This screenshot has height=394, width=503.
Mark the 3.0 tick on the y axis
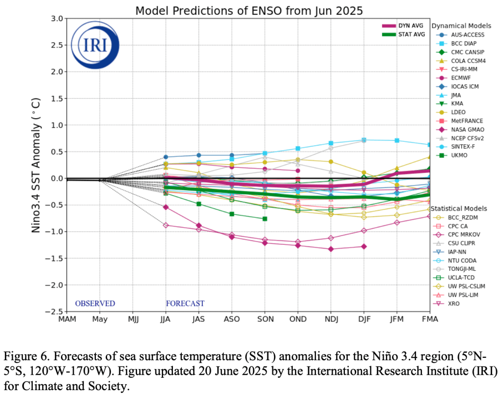56,19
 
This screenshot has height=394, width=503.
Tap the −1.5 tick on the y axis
55,258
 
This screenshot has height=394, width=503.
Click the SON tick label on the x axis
265,319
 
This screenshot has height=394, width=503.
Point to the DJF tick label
364,319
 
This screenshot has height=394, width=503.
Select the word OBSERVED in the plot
95,304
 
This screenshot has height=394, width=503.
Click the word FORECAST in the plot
185,304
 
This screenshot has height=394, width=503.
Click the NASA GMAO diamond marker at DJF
364,246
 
